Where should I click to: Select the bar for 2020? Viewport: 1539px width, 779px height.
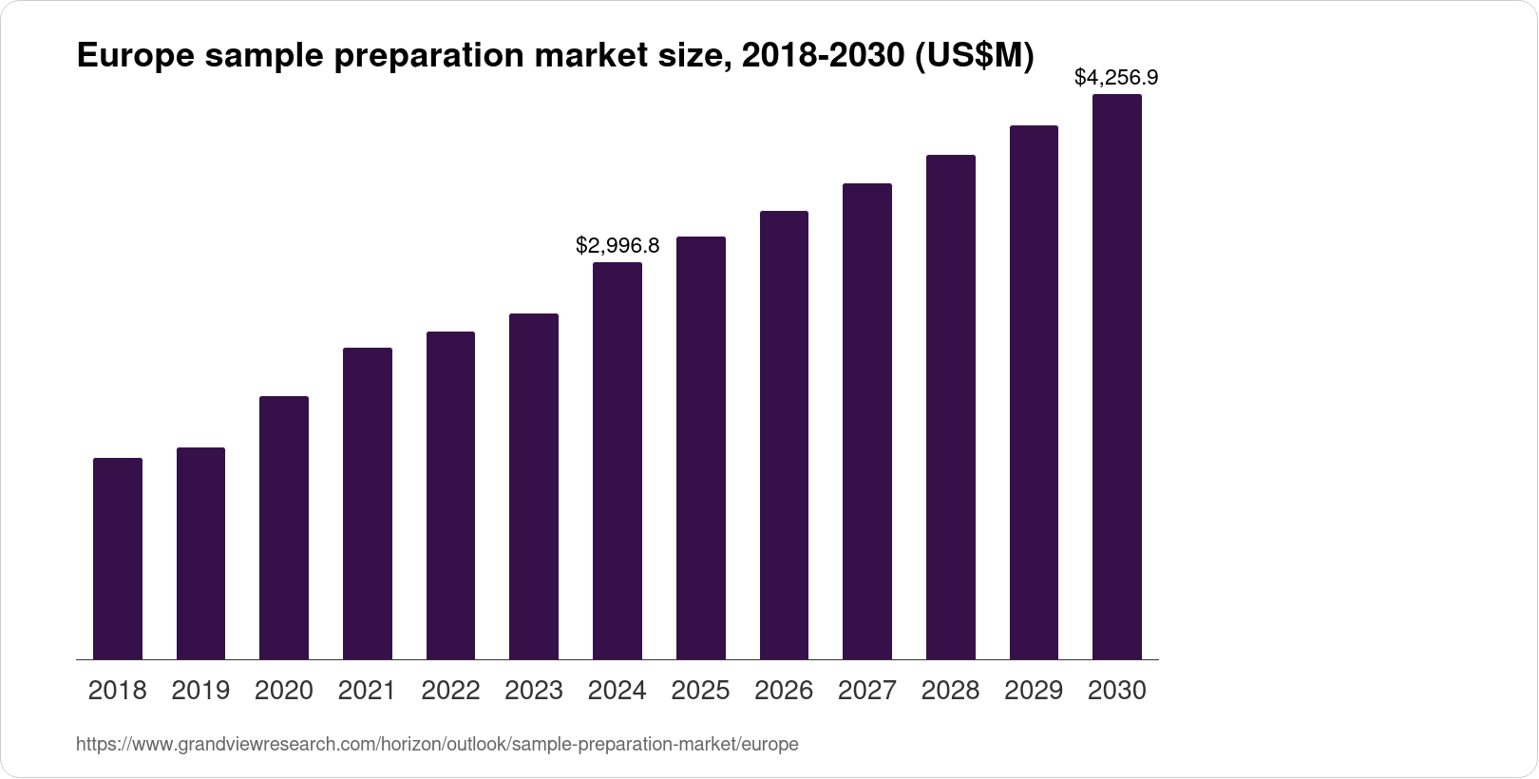point(284,527)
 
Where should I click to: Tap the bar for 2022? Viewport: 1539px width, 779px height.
point(450,495)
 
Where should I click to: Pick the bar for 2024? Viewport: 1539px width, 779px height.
point(617,461)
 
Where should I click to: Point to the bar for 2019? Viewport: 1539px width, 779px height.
point(200,553)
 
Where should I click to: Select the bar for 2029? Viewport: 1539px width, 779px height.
point(1034,392)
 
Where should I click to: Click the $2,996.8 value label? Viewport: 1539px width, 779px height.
point(617,246)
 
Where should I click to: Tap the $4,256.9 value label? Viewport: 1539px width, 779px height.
point(1116,78)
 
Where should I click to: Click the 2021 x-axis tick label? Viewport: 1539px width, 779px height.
point(367,691)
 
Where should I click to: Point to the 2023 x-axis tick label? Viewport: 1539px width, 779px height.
point(534,691)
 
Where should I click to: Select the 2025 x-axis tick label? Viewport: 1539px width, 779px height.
point(700,691)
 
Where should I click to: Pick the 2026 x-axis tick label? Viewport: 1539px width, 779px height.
point(784,691)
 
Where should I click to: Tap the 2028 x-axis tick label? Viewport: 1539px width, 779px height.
point(950,691)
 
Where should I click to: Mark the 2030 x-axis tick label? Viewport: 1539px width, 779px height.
point(1117,691)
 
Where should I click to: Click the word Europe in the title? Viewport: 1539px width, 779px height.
point(135,57)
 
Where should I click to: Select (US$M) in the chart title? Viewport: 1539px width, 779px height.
point(973,57)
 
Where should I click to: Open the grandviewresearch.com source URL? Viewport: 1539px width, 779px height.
point(437,745)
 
